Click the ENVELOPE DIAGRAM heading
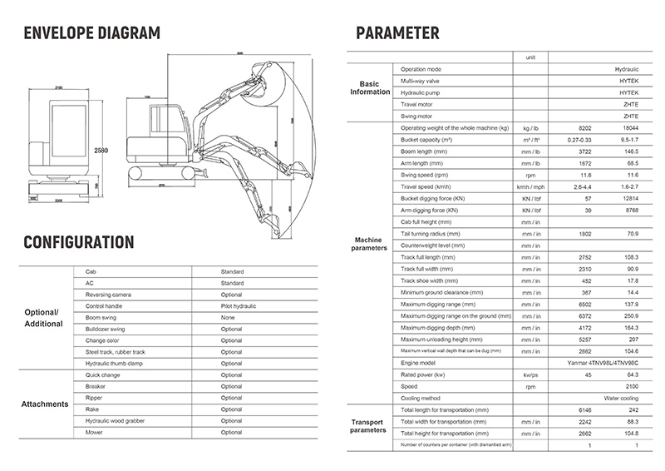click(92, 33)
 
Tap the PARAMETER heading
click(397, 33)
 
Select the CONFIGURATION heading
click(78, 242)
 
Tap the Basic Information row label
click(369, 87)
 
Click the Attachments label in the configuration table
click(45, 404)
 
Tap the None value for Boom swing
click(228, 318)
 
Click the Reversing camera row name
click(109, 295)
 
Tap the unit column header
click(530, 57)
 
